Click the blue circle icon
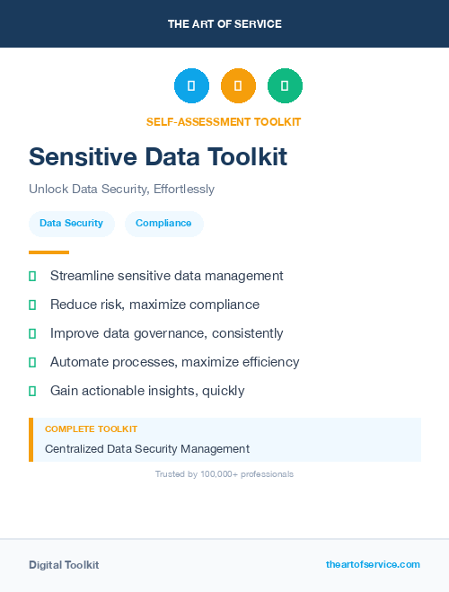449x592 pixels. (191, 85)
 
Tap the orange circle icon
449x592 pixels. (238, 85)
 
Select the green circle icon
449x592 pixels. (285, 85)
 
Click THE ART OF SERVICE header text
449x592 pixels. (224, 24)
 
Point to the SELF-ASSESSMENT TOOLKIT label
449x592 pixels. (224, 121)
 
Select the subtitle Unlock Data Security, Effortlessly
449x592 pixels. (121, 190)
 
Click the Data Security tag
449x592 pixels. (71, 223)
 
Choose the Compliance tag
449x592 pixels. (163, 223)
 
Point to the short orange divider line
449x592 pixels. (48, 252)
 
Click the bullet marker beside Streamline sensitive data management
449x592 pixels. (32, 276)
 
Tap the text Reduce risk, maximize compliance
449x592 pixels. (154, 305)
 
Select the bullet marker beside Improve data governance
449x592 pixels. (32, 333)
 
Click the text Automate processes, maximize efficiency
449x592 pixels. (174, 362)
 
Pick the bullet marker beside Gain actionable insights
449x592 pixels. (32, 391)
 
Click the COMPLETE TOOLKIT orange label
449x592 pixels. (91, 429)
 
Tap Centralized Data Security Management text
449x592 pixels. (147, 448)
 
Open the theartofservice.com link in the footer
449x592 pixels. (373, 564)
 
